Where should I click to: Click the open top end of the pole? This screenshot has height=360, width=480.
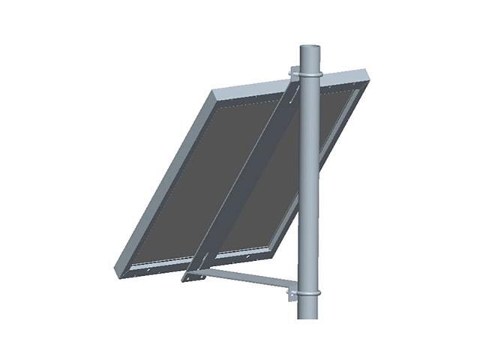[310, 49]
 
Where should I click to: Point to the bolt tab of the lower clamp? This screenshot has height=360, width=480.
[291, 294]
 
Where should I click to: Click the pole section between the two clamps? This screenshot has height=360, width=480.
[309, 187]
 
